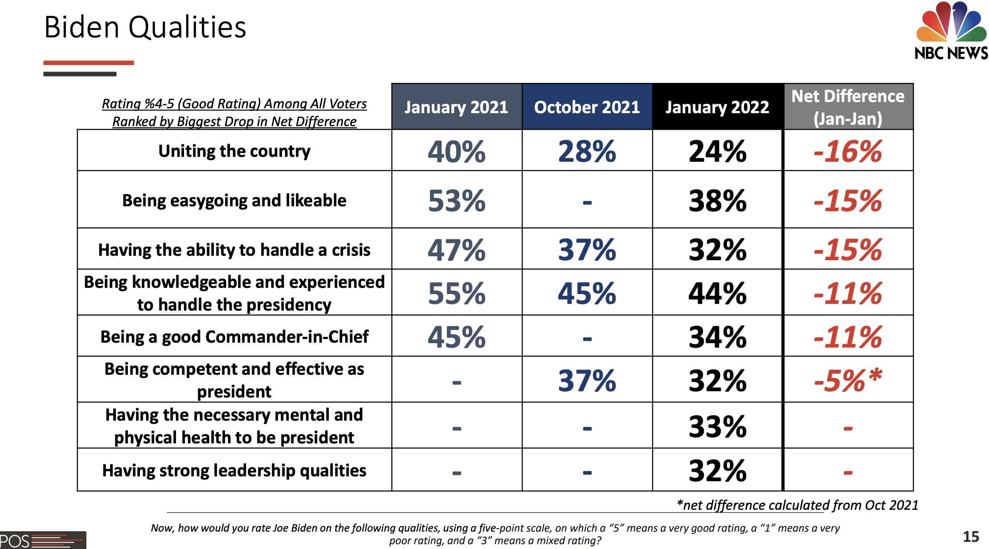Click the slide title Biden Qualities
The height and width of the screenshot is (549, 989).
click(145, 28)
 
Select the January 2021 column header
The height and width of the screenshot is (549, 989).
click(456, 107)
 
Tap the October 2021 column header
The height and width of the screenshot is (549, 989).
click(587, 107)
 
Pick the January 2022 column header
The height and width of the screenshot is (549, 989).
click(717, 107)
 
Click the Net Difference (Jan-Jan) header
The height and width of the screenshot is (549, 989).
click(848, 107)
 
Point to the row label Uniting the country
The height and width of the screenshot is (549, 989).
click(234, 151)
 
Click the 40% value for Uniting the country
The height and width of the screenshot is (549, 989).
click(456, 152)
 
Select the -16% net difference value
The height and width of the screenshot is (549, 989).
click(848, 152)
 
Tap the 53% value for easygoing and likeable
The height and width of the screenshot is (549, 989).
click(456, 201)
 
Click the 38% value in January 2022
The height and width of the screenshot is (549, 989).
click(717, 201)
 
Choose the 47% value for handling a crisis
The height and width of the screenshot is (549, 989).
click(456, 250)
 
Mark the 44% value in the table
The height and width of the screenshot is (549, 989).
click(717, 293)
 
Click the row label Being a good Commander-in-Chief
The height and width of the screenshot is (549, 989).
click(234, 337)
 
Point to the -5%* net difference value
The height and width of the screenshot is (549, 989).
click(848, 381)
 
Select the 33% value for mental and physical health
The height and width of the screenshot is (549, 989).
click(717, 426)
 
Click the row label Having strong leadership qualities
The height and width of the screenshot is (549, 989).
click(234, 471)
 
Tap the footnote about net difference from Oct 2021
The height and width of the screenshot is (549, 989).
click(797, 505)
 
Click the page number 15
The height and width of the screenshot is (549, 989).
click(971, 536)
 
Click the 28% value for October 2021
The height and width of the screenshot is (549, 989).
click(587, 152)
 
